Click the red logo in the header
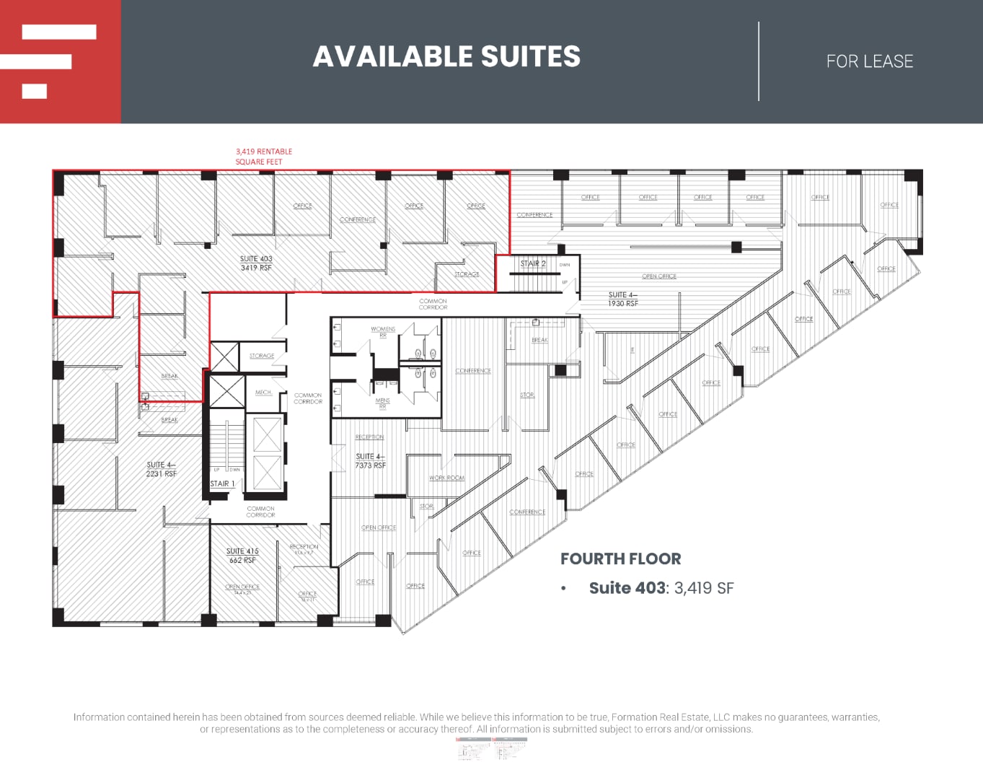point(60,61)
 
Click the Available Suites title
point(446,57)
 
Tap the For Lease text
point(869,62)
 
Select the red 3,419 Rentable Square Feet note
point(263,157)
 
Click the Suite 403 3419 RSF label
point(256,263)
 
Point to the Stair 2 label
point(533,264)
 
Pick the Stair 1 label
point(222,483)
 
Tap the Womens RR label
point(383,331)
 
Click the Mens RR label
point(382,403)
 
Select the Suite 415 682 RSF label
point(242,555)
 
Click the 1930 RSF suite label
point(622,299)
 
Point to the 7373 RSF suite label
point(370,461)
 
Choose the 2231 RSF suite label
point(161,469)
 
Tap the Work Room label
point(446,478)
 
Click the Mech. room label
point(263,393)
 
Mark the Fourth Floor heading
point(620,559)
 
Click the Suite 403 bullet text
point(661,588)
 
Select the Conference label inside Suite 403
point(358,219)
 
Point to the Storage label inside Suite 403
point(467,274)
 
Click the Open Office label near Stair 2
point(659,276)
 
